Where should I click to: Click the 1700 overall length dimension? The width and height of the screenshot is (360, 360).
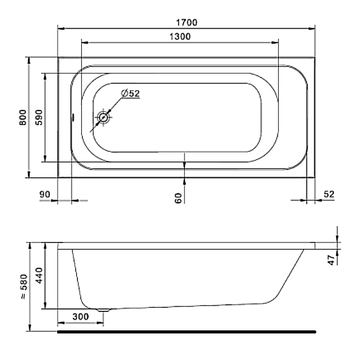tap(187, 22)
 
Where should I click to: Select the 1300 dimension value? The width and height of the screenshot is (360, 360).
tap(180, 36)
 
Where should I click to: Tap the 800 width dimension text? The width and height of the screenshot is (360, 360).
tap(23, 117)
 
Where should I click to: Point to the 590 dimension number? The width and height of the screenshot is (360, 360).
tap(39, 117)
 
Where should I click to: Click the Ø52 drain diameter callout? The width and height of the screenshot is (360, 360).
tap(130, 94)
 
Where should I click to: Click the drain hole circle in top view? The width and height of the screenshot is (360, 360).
tap(103, 117)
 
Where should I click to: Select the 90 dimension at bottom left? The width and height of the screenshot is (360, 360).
tap(45, 194)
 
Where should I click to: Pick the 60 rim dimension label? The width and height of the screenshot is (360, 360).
tap(178, 198)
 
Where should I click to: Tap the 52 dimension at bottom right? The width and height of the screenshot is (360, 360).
tap(329, 194)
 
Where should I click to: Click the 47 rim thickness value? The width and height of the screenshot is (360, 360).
tap(332, 260)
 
